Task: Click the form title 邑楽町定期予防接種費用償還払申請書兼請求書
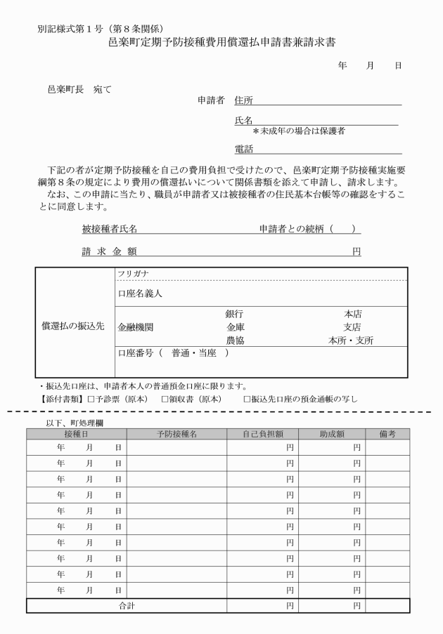click(x=222, y=43)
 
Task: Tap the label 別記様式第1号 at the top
click(x=68, y=29)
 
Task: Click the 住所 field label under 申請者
click(x=243, y=100)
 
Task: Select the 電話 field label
click(x=243, y=149)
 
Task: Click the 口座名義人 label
click(x=140, y=293)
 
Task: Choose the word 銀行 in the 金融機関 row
click(x=234, y=314)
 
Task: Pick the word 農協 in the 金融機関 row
click(x=234, y=341)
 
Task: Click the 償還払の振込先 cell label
click(x=72, y=327)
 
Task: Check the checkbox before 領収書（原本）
click(x=165, y=399)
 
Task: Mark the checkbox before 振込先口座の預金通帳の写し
click(x=247, y=399)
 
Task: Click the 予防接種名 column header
click(x=176, y=434)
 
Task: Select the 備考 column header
click(x=387, y=434)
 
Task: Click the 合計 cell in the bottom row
click(x=127, y=605)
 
